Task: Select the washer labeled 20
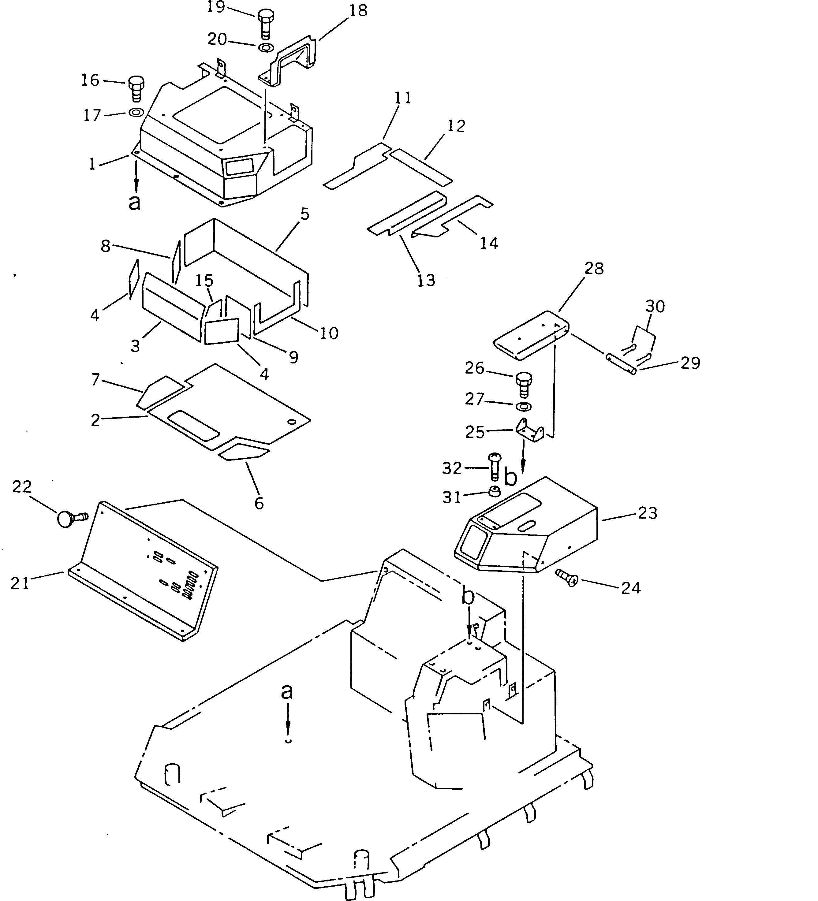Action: point(266,47)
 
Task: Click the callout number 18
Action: point(358,11)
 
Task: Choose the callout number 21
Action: point(20,583)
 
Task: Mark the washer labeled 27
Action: point(523,406)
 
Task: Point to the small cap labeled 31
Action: point(494,491)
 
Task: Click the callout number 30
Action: point(655,306)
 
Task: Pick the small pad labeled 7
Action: point(159,392)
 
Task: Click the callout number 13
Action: point(426,280)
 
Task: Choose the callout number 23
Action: point(648,513)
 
